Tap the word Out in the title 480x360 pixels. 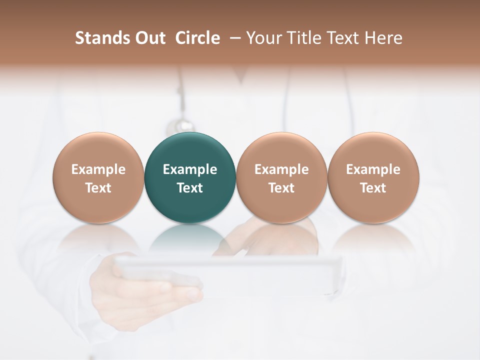click(x=148, y=38)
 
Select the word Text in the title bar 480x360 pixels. click(x=342, y=38)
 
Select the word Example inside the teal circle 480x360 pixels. click(x=190, y=169)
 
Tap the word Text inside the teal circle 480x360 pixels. click(x=190, y=188)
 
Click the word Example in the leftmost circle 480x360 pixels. click(x=98, y=169)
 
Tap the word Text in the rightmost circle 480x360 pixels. click(x=373, y=188)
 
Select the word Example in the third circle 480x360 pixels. click(x=281, y=169)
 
